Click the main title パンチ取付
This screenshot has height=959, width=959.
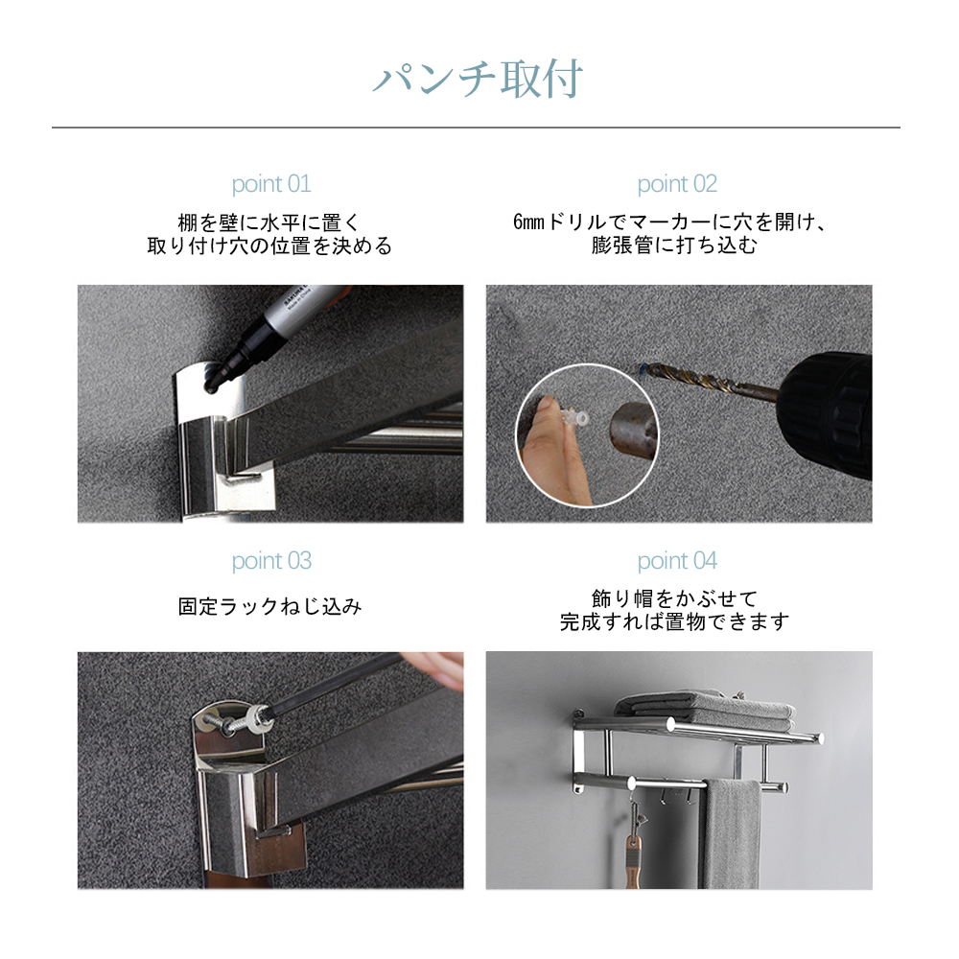pos(478,80)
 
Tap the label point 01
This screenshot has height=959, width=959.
pos(271,184)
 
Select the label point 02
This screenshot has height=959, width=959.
pos(677,184)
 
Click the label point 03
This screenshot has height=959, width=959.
pos(271,561)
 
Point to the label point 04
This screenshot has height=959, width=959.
pos(677,561)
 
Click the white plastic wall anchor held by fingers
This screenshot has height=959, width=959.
pos(574,418)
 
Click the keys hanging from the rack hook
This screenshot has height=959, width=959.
pos(634,841)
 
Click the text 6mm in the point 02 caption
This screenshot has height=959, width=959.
pos(528,222)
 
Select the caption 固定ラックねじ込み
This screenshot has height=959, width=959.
pos(270,607)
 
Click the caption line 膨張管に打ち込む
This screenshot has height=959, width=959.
pos(674,246)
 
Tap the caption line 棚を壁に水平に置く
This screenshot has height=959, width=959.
pos(269,222)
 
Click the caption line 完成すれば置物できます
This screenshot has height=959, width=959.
pos(674,622)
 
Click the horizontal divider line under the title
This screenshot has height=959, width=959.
pos(476,128)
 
